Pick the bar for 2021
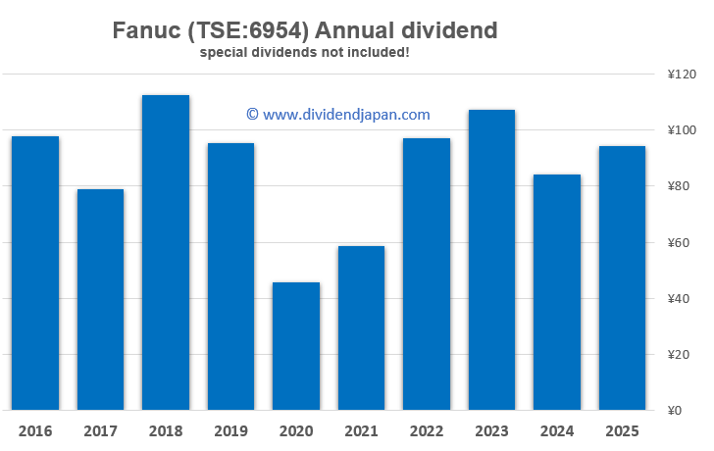pos(361,327)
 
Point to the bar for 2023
pos(491,260)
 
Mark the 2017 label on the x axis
pos(100,431)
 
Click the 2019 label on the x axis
pos(230,431)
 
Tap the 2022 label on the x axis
pos(427,431)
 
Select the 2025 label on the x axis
pos(622,431)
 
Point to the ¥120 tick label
pos(680,75)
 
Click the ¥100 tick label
pos(680,130)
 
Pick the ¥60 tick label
pos(680,243)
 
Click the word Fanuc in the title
pos(147,30)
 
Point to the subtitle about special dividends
pos(304,51)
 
